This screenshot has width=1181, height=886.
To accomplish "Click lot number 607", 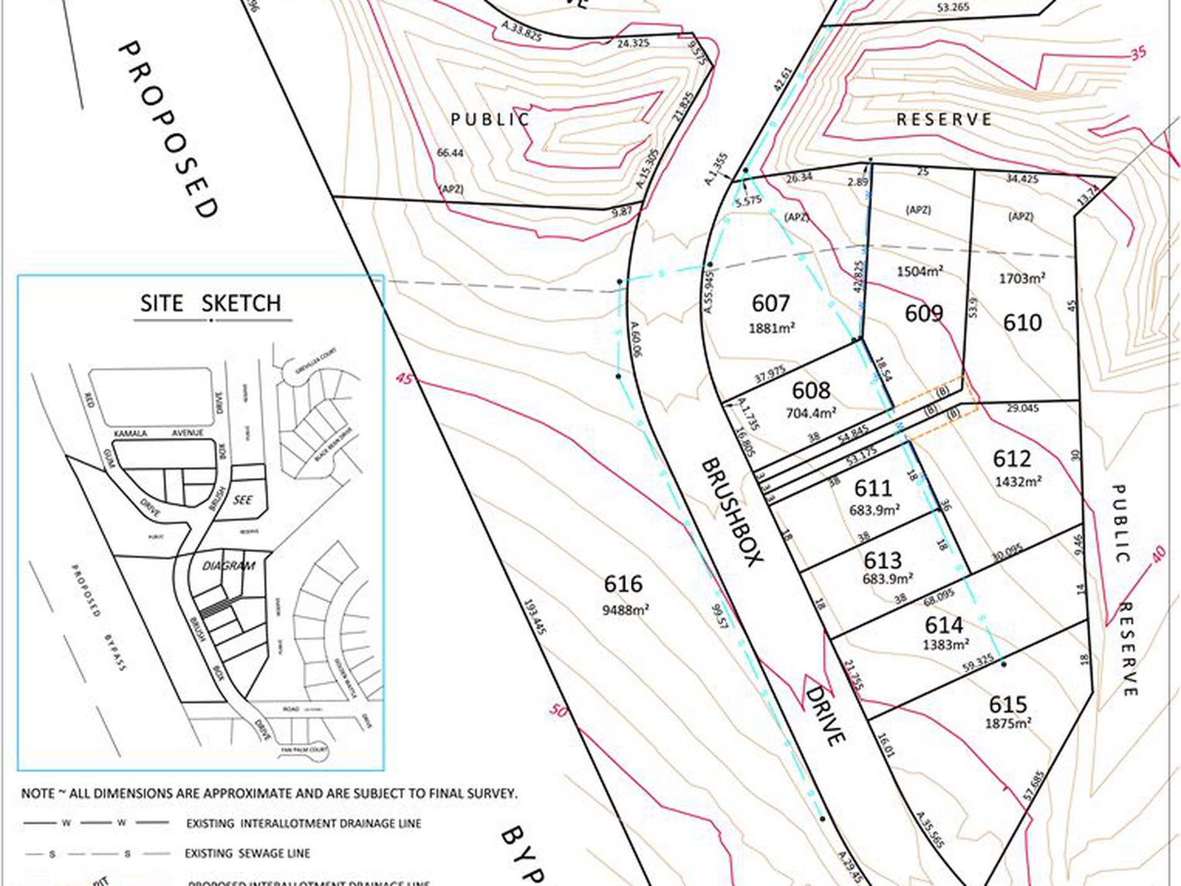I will (771, 303).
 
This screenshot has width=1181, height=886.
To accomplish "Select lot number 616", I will (623, 584).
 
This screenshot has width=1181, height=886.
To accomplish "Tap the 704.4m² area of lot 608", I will (811, 412).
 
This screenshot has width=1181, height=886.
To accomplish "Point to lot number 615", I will (1008, 704).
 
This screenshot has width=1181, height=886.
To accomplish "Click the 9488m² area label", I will (625, 610).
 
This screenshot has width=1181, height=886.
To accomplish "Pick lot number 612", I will (1012, 459).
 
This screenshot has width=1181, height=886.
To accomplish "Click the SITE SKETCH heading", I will (211, 303).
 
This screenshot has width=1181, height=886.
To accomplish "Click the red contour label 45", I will (403, 379).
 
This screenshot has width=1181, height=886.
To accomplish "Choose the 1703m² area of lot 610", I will (1022, 278).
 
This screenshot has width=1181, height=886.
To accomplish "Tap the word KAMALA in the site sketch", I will (131, 433).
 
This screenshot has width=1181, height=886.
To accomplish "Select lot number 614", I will (944, 625).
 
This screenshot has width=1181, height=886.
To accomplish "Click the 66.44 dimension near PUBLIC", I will (450, 153).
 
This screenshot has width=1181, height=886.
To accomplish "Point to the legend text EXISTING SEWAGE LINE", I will (247, 854).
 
